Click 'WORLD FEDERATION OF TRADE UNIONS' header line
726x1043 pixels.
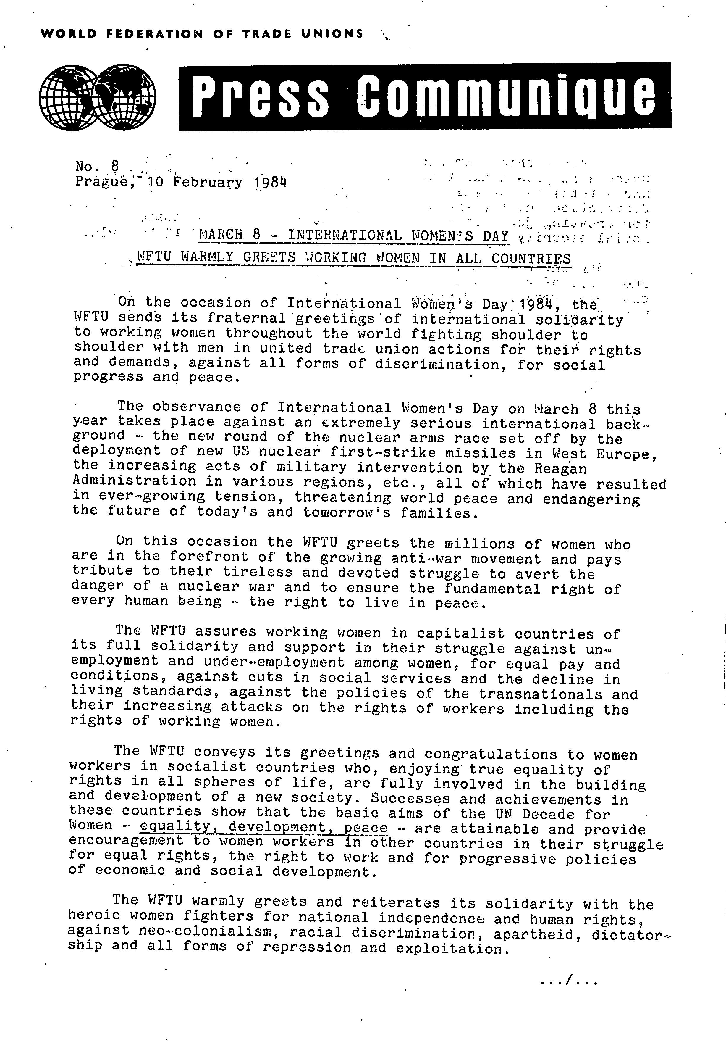pos(202,34)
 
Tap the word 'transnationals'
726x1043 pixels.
pos(540,694)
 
